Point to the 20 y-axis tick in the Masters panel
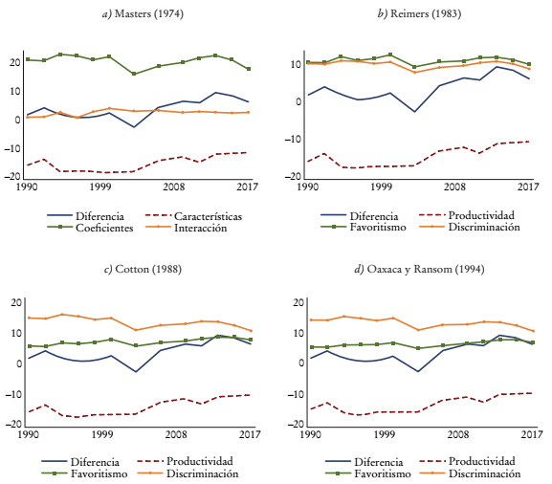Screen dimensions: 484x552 tap(14, 63)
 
